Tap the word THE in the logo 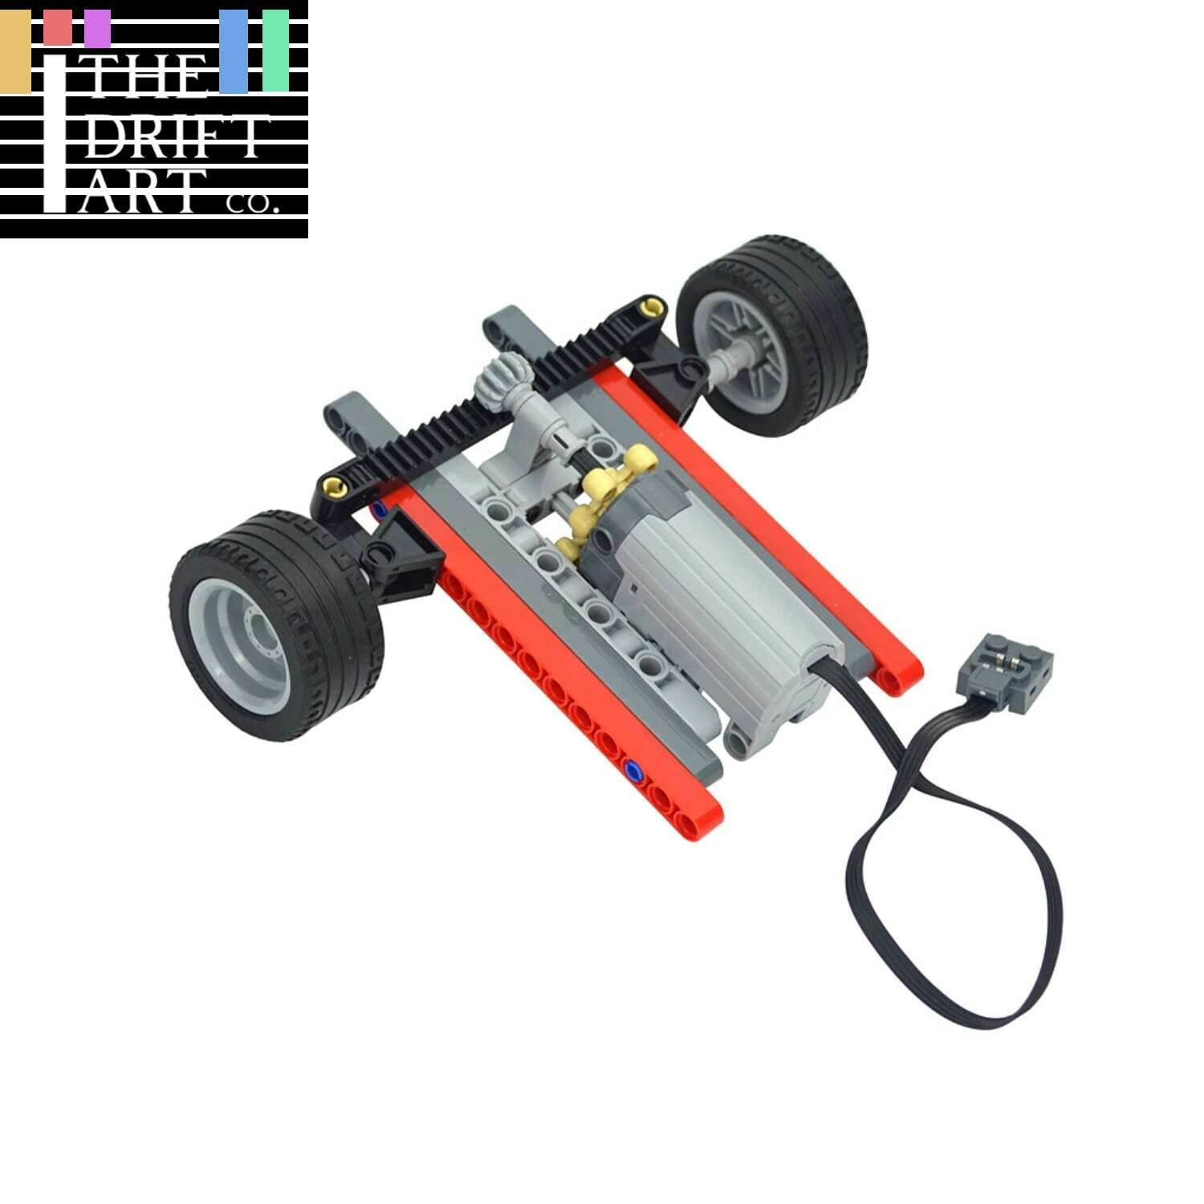[148, 82]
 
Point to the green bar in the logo [275, 50]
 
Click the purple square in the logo [97, 28]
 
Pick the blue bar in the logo [234, 50]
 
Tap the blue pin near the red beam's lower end [634, 771]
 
